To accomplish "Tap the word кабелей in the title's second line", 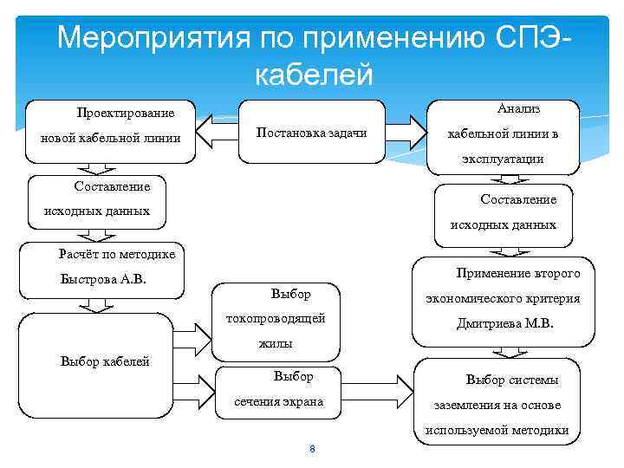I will (x=314, y=75).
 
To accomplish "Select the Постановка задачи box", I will (x=311, y=133).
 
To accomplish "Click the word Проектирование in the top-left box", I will (x=125, y=114).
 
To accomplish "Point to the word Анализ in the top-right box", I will (x=518, y=108).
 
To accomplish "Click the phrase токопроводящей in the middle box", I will (x=276, y=318).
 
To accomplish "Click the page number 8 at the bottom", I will (x=311, y=448).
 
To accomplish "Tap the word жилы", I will (x=276, y=343).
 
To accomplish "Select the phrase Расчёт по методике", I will (x=117, y=254).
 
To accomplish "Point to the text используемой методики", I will (x=497, y=430).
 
